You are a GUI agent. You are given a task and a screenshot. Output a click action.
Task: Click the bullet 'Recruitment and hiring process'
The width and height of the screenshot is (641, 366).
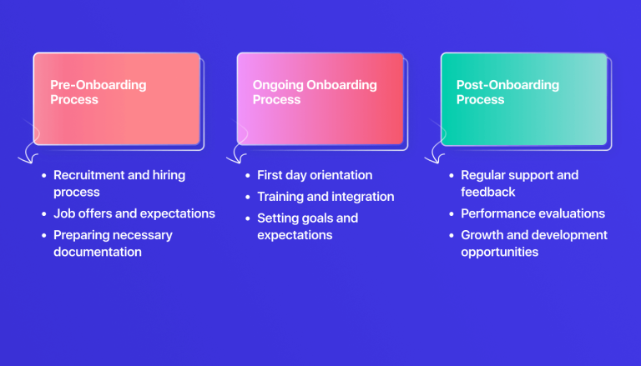[119, 183]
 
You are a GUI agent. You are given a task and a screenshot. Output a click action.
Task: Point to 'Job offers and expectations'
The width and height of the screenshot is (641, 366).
[134, 213]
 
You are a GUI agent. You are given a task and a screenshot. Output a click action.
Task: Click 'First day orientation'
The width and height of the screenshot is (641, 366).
[315, 175]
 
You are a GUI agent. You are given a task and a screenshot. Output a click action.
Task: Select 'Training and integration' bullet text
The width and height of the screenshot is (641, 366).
[326, 197]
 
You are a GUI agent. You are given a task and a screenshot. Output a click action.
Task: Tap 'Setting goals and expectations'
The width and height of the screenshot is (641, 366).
[307, 227]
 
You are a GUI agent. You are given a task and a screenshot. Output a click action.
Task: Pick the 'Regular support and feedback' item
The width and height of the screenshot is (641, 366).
[519, 183]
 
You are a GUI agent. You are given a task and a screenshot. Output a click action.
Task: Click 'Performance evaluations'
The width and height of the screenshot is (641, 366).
[532, 213]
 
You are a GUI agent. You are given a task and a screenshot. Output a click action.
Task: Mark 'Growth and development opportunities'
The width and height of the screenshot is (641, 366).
[534, 243]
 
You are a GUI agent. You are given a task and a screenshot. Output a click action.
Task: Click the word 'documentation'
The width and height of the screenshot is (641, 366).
[98, 252]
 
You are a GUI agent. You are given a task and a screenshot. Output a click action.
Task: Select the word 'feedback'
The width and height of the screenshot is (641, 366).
[488, 192]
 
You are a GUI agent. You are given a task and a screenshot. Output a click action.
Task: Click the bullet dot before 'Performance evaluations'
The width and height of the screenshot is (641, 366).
[451, 214]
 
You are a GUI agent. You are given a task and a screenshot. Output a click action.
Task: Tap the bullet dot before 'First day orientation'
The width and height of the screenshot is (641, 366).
[247, 176]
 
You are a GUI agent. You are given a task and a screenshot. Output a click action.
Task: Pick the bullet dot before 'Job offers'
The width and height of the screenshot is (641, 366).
[43, 214]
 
